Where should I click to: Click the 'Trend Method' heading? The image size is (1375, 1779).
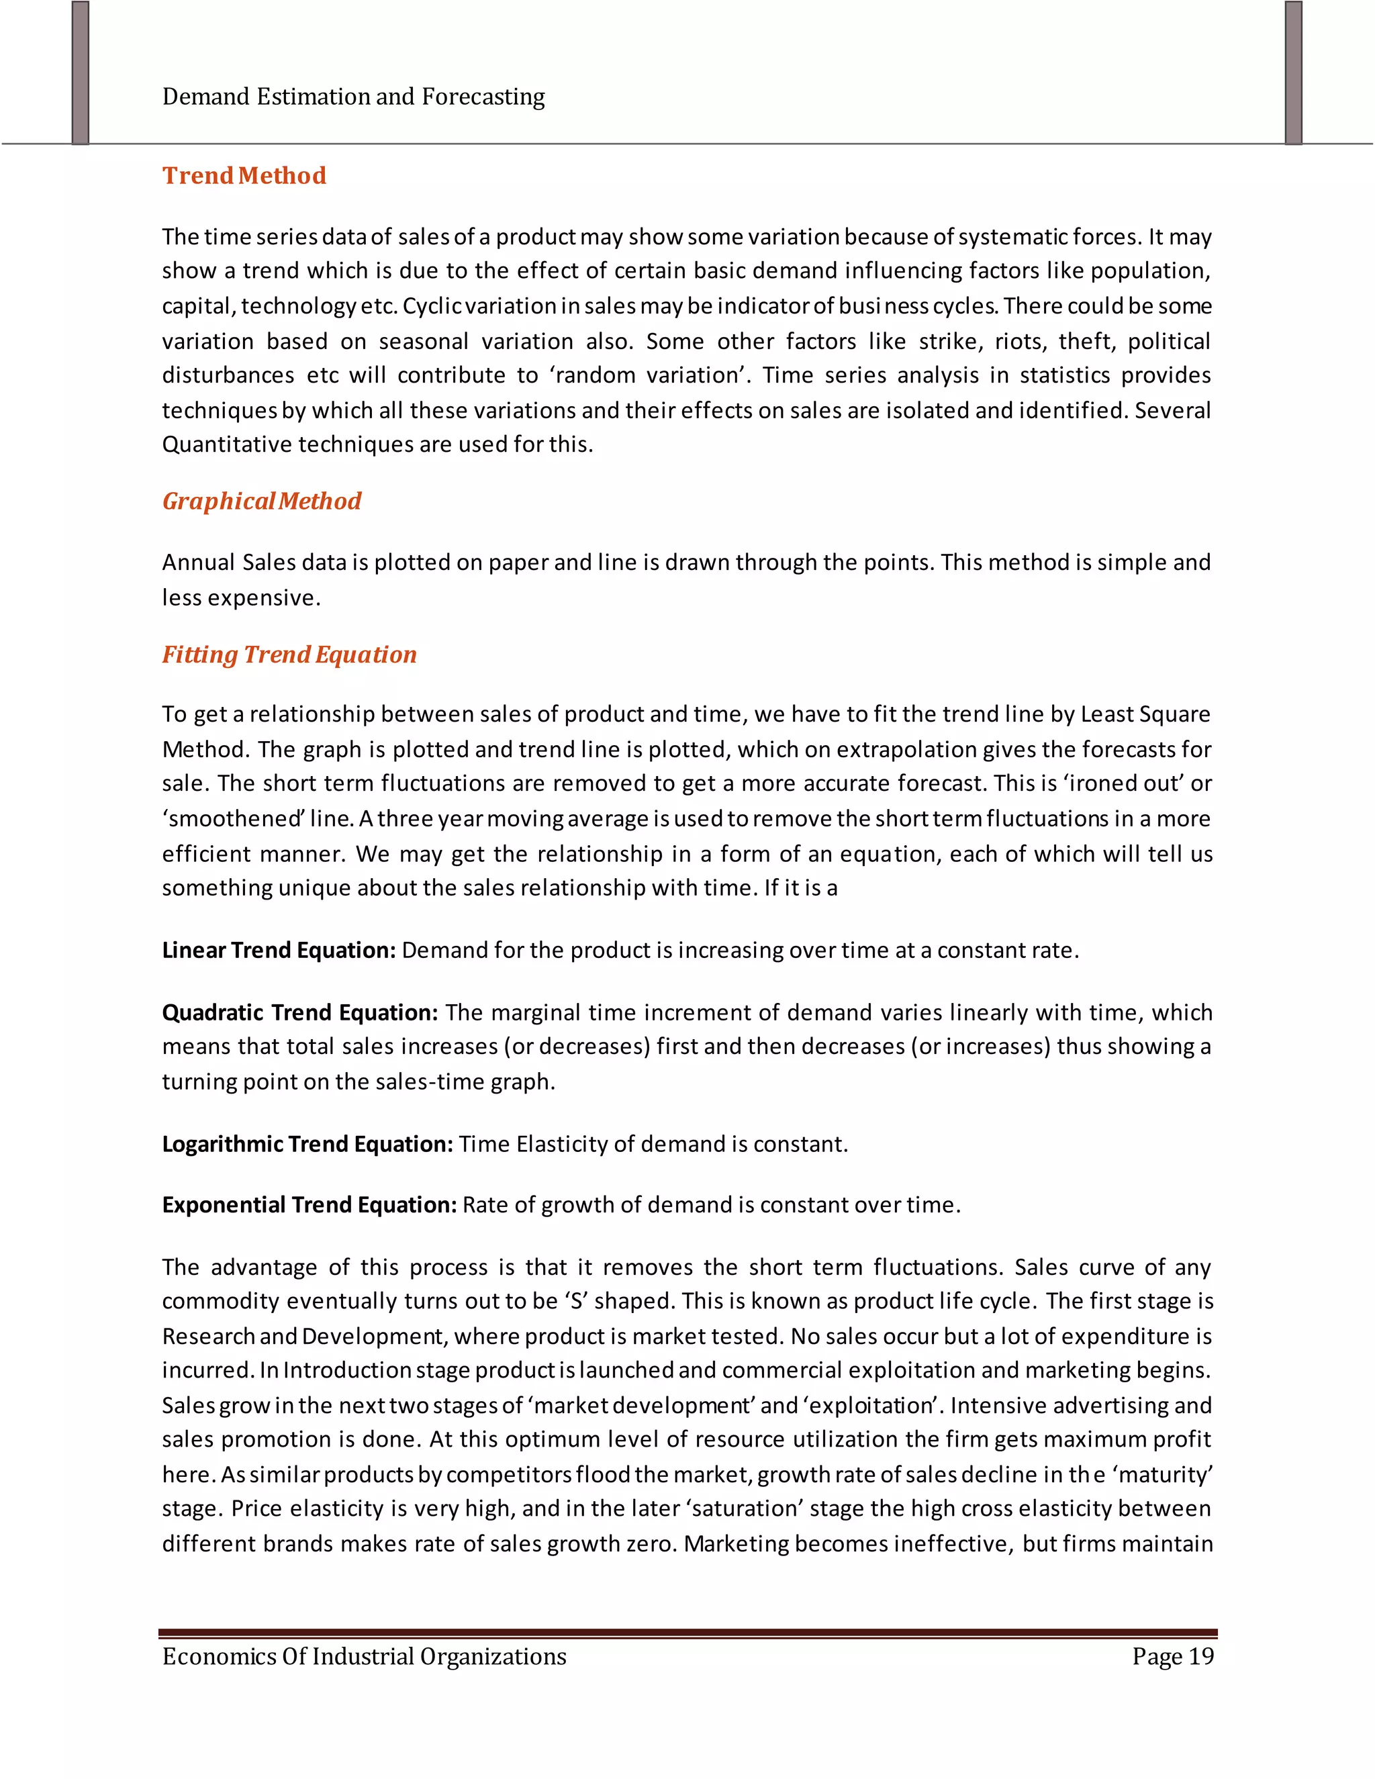pos(244,176)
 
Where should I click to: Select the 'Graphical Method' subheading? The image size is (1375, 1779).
pos(261,501)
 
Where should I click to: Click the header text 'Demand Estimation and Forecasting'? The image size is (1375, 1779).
pos(354,97)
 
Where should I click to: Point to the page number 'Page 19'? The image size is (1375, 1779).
pos(1172,1656)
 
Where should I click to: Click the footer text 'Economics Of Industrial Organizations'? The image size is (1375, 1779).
pos(364,1656)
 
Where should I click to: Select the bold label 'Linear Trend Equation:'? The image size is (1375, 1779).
pos(279,951)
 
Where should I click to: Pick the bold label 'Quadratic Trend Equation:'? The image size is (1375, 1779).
pos(299,1012)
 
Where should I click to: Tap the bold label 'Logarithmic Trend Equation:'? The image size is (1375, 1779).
pos(307,1145)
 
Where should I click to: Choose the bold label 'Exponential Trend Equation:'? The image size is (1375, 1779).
pos(310,1205)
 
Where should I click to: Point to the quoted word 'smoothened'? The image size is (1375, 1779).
pos(233,818)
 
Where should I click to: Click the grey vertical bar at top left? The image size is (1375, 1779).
pos(80,73)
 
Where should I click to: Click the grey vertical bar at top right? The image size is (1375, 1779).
pos(1294,73)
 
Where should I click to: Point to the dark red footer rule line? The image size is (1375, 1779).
pos(687,1633)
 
